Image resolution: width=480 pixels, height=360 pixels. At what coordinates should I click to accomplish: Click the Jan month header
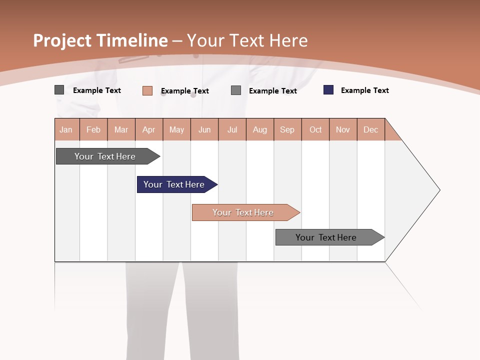(66, 129)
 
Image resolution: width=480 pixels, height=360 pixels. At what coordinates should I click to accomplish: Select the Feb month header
(93, 129)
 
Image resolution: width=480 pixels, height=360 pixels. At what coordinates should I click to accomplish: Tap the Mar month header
(121, 129)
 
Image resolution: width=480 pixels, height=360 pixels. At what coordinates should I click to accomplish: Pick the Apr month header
(149, 129)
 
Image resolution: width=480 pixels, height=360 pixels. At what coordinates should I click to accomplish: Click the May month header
(176, 129)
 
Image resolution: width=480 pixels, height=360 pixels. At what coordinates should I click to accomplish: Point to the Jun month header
(204, 129)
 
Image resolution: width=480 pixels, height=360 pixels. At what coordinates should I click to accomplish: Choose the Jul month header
(232, 129)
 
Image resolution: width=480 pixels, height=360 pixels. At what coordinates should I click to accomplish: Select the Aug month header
(260, 129)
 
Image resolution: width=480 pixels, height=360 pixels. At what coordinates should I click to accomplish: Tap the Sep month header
(287, 129)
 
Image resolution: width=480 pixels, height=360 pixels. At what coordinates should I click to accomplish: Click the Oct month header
(315, 129)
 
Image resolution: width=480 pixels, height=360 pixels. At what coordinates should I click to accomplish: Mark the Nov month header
(343, 129)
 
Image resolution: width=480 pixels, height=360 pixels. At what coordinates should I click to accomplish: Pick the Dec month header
(371, 129)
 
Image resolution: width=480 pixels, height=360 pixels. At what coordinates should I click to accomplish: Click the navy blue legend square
(328, 90)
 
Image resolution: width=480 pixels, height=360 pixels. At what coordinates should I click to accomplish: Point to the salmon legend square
(147, 90)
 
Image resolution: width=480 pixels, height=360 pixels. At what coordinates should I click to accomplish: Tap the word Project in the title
(62, 40)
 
